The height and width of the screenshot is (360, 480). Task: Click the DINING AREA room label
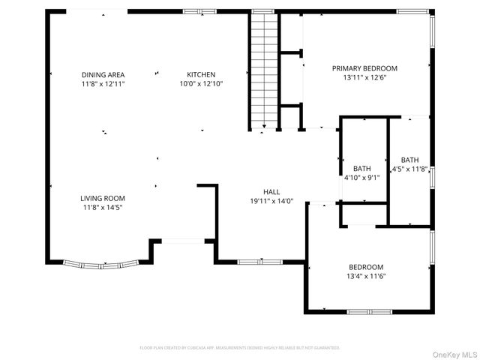coord(103,74)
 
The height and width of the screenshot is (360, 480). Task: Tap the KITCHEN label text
coord(201,74)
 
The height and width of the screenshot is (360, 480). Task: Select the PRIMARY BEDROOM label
coord(364,68)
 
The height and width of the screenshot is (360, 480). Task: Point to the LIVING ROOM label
coord(103,198)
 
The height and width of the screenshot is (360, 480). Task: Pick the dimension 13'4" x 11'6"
coord(366,276)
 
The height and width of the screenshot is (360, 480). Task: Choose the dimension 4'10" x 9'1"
coord(362,178)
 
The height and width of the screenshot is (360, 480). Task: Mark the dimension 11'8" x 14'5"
coord(103,207)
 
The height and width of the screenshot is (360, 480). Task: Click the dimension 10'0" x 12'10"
coord(201,83)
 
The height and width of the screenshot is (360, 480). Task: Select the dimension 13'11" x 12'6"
coord(364,77)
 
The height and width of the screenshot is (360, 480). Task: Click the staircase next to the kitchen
coord(263,71)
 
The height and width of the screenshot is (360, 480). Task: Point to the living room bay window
coord(101,263)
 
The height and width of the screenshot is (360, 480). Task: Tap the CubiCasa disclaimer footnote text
coord(240,348)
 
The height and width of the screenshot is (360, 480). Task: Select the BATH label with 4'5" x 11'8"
coord(409,160)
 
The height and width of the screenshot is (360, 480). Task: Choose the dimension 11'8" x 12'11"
coord(103,83)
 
